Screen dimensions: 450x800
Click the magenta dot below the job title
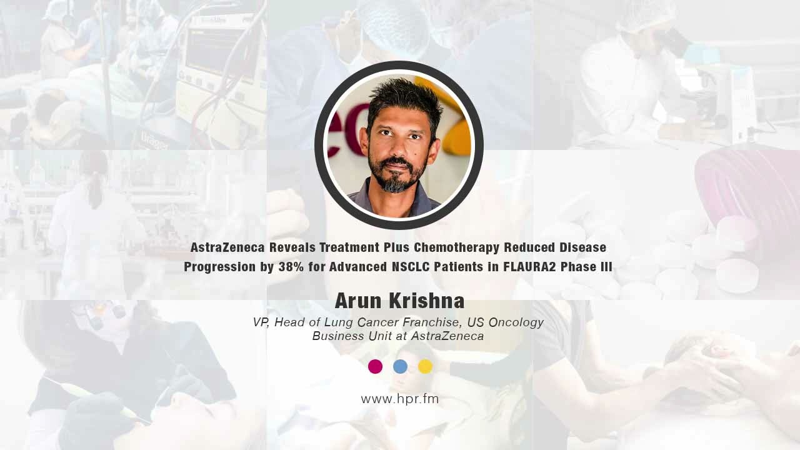(375, 366)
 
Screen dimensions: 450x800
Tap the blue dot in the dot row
(400, 366)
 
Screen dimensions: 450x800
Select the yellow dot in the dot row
(425, 366)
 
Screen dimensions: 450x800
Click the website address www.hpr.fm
(400, 399)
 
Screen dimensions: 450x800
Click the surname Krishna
(426, 301)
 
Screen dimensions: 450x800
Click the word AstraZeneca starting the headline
(227, 247)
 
